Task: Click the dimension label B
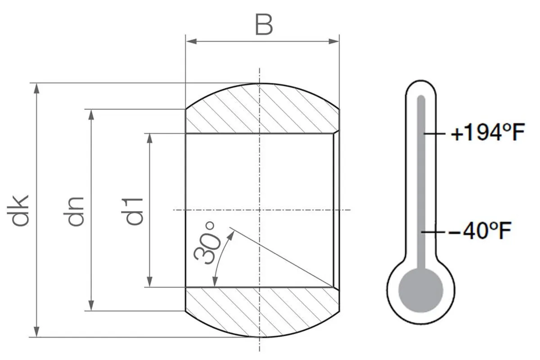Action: click(264, 25)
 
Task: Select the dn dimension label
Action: click(76, 211)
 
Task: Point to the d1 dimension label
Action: click(134, 211)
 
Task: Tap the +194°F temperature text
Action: click(487, 132)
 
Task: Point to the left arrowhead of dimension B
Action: click(191, 41)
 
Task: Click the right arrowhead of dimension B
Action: click(334, 41)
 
